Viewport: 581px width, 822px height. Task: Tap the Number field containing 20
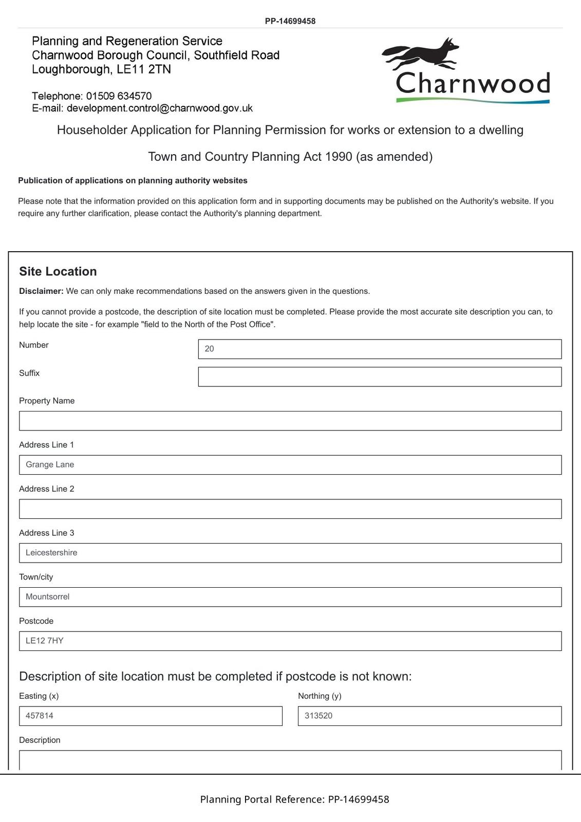coord(380,349)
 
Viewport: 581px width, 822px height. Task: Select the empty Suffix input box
coord(380,377)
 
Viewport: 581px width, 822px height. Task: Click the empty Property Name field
coord(290,421)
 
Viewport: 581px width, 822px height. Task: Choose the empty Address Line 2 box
coord(290,509)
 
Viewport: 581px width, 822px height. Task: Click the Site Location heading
coord(58,271)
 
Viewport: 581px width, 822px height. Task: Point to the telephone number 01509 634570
coord(119,96)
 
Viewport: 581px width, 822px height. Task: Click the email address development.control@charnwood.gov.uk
coord(160,108)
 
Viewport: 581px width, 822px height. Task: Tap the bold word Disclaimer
coord(41,291)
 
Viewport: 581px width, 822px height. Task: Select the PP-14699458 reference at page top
coord(290,21)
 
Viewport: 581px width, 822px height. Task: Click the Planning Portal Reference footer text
coord(294,799)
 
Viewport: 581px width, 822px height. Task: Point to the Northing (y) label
coord(320,696)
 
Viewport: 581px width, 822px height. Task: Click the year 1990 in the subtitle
coord(339,157)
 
